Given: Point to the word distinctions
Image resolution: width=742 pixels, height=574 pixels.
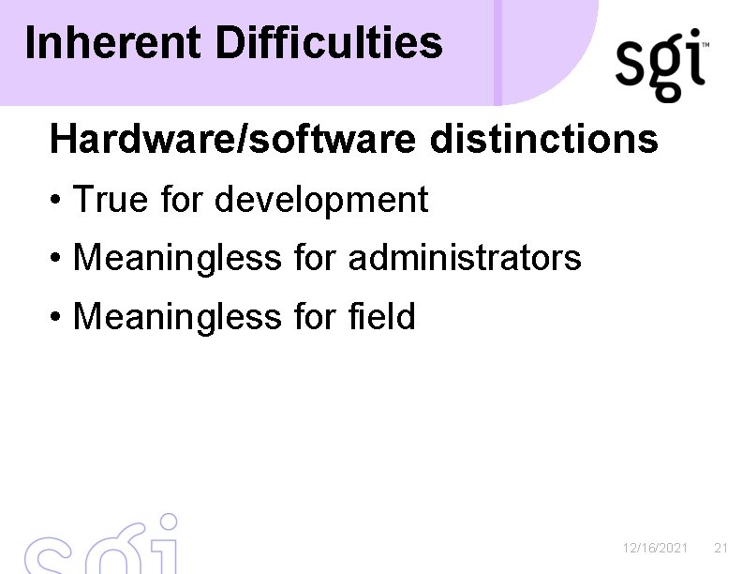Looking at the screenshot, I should pyautogui.click(x=545, y=140).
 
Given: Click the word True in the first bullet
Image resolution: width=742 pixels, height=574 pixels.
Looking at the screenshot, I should pyautogui.click(x=105, y=200).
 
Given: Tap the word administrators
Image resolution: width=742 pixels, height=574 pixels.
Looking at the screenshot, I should pyautogui.click(x=465, y=257).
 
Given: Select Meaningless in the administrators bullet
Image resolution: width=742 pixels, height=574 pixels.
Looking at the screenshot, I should pyautogui.click(x=176, y=257).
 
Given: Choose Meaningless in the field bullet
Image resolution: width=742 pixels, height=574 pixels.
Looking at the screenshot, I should pyautogui.click(x=176, y=316).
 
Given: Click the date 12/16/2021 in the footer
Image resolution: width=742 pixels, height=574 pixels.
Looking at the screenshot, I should pyautogui.click(x=656, y=548).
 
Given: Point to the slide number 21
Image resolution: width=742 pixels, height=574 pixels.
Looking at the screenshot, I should pyautogui.click(x=720, y=548).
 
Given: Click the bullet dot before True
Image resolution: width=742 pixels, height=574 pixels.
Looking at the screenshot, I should pyautogui.click(x=58, y=201).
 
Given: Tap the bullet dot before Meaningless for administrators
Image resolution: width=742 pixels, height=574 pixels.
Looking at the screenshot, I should pyautogui.click(x=58, y=259).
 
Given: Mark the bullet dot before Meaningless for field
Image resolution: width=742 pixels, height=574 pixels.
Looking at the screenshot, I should pyautogui.click(x=58, y=318).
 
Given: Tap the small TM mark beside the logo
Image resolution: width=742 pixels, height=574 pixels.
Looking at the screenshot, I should pyautogui.click(x=705, y=44).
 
